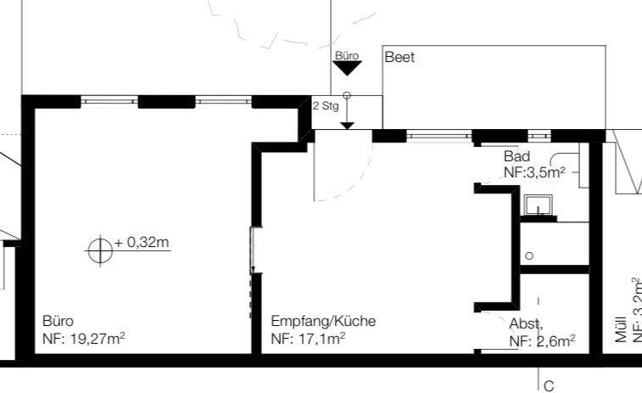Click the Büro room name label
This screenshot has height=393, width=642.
tap(58, 322)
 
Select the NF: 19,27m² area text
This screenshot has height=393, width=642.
tap(84, 339)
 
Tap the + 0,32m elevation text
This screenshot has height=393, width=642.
tap(142, 243)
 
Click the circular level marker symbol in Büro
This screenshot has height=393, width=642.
tap(100, 250)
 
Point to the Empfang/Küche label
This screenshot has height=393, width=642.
tap(323, 322)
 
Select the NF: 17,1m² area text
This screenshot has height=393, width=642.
tap(308, 339)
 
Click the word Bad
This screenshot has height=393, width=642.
tap(516, 156)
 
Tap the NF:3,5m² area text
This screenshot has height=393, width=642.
tap(534, 172)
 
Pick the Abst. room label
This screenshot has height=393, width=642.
tap(526, 323)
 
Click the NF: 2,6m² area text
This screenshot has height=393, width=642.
tap(542, 340)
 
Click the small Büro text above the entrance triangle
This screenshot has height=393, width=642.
tap(347, 55)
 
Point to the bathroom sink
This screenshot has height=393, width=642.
tap(539, 205)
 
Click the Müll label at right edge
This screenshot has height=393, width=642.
tap(621, 331)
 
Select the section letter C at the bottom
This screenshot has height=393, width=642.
tap(548, 385)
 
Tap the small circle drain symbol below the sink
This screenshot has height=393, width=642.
tap(529, 255)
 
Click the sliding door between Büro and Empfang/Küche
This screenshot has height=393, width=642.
tap(252, 272)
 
